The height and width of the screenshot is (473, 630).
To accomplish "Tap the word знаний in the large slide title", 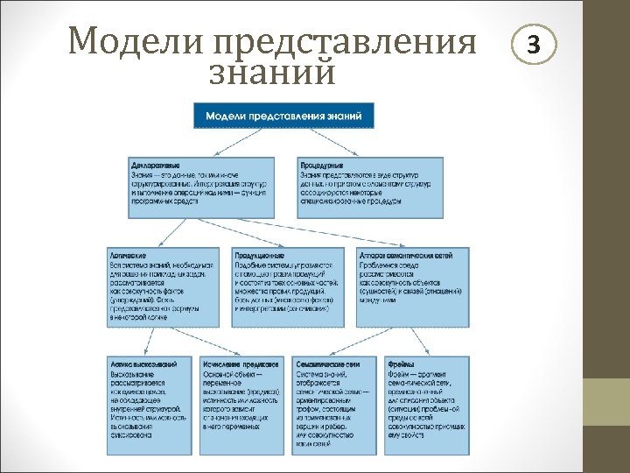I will pyautogui.click(x=272, y=72).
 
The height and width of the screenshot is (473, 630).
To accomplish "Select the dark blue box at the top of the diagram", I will pyautogui.click(x=284, y=116).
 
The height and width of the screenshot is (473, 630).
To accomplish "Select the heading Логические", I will pyautogui.click(x=129, y=255).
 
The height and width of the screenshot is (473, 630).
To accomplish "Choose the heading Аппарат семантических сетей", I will pyautogui.click(x=405, y=255).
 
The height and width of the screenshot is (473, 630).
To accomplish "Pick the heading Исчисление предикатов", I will pyautogui.click(x=240, y=363).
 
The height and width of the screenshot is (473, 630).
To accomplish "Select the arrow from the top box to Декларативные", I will pyautogui.click(x=236, y=142).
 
